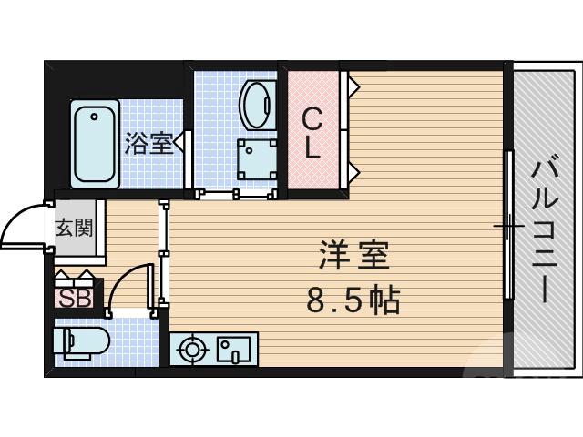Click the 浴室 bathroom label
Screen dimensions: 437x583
coord(149,143)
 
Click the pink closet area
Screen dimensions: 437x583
coord(312,127)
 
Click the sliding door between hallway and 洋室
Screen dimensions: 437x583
coord(164,250)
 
